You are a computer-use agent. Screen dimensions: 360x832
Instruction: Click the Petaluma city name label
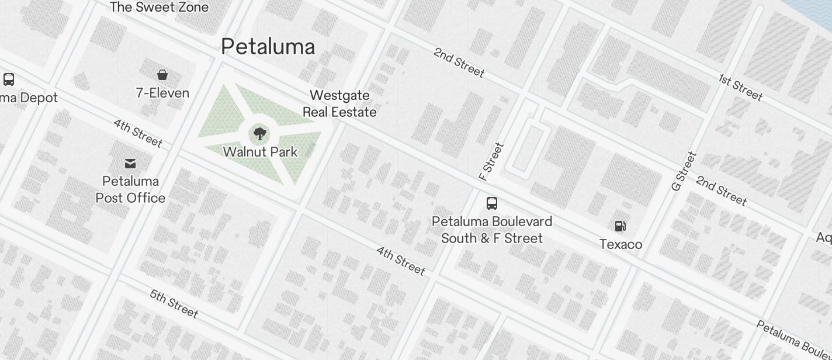pos(268,47)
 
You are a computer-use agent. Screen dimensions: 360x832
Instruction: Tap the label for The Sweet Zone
pos(159,8)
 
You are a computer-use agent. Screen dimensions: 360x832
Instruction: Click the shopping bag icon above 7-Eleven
pos(162,75)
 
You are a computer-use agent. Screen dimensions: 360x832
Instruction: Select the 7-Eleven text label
pos(162,94)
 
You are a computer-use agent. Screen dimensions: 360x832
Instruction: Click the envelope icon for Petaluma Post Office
pos(130,164)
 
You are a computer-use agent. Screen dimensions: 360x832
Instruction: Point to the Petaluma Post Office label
pos(130,189)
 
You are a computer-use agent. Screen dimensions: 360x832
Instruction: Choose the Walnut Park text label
pos(260,152)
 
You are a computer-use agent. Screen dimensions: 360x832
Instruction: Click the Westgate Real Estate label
pos(339,103)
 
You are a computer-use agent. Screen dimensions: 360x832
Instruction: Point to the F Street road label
pos(491,161)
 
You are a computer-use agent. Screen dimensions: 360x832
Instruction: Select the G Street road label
pos(684,171)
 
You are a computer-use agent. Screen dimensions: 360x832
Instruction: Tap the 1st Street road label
pos(740,88)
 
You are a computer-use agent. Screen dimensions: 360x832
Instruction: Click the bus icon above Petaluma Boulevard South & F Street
pos(492,203)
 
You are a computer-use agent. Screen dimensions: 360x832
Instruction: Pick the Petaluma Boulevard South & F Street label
pos(492,230)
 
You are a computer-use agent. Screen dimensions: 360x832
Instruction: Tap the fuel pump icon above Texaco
pos(620,226)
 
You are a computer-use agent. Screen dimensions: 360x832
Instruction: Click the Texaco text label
pos(620,244)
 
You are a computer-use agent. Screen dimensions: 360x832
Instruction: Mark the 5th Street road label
pos(174,303)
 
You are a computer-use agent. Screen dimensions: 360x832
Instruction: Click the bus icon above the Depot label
pos(9,79)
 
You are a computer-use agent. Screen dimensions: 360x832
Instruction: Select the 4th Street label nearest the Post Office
pos(138,133)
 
